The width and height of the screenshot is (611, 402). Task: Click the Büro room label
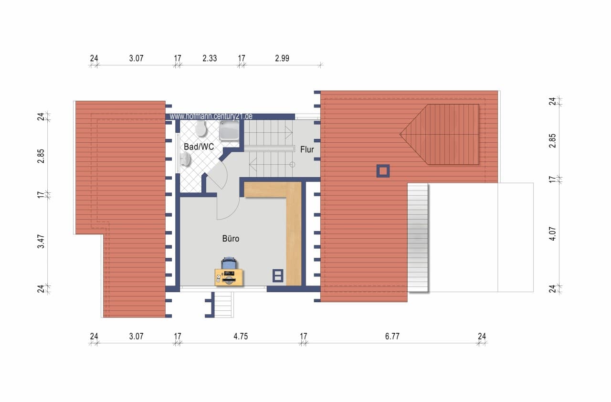coord(231,239)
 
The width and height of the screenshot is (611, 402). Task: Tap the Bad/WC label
coord(199,147)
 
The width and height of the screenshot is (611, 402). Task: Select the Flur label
coord(307,149)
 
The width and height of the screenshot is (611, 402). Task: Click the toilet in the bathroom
coord(201,129)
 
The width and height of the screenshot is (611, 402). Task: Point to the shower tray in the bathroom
coord(230,130)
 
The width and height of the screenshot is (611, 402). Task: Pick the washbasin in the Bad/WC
coord(186,159)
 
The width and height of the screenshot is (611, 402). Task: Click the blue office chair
coord(229,263)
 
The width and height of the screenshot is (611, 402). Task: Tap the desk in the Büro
coord(229,278)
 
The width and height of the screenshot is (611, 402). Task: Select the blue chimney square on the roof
coord(383,171)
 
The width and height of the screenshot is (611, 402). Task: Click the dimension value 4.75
coord(241,336)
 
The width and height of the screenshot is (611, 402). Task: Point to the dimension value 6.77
coord(392,336)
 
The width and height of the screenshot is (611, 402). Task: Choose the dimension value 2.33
coord(210,58)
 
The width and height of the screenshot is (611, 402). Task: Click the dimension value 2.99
coord(282,58)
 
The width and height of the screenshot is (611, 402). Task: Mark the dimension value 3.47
coord(41,242)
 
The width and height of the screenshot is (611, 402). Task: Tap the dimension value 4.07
coord(552,234)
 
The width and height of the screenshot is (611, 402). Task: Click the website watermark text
coord(211,116)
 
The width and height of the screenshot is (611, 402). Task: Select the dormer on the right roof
coord(440,135)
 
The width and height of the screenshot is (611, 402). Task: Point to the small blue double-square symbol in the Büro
coord(278,275)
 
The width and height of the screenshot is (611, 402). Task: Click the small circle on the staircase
coord(292,164)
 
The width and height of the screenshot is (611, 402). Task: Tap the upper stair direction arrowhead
coord(289,133)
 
